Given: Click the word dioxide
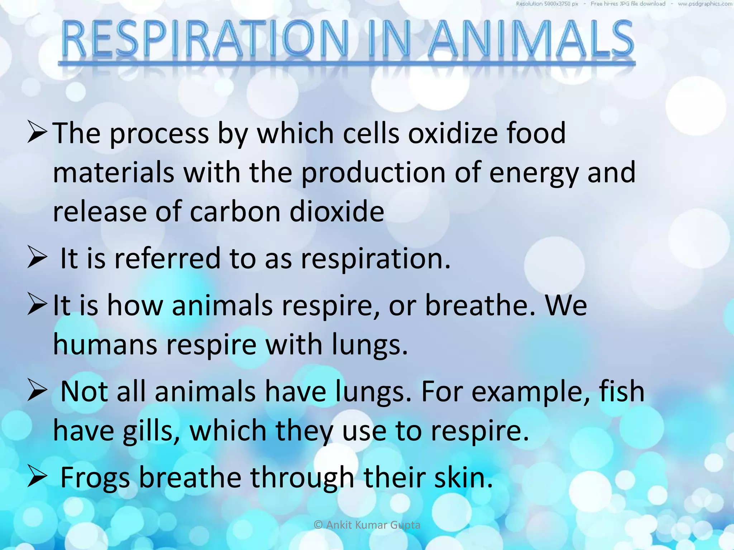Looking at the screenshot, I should [337, 212].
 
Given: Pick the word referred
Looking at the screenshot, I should [167, 258].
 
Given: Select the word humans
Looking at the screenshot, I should [105, 344].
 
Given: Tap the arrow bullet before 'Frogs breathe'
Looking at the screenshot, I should [37, 478].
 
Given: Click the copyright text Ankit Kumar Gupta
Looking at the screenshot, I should [367, 525].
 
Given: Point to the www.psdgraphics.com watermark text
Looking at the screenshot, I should [705, 4].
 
